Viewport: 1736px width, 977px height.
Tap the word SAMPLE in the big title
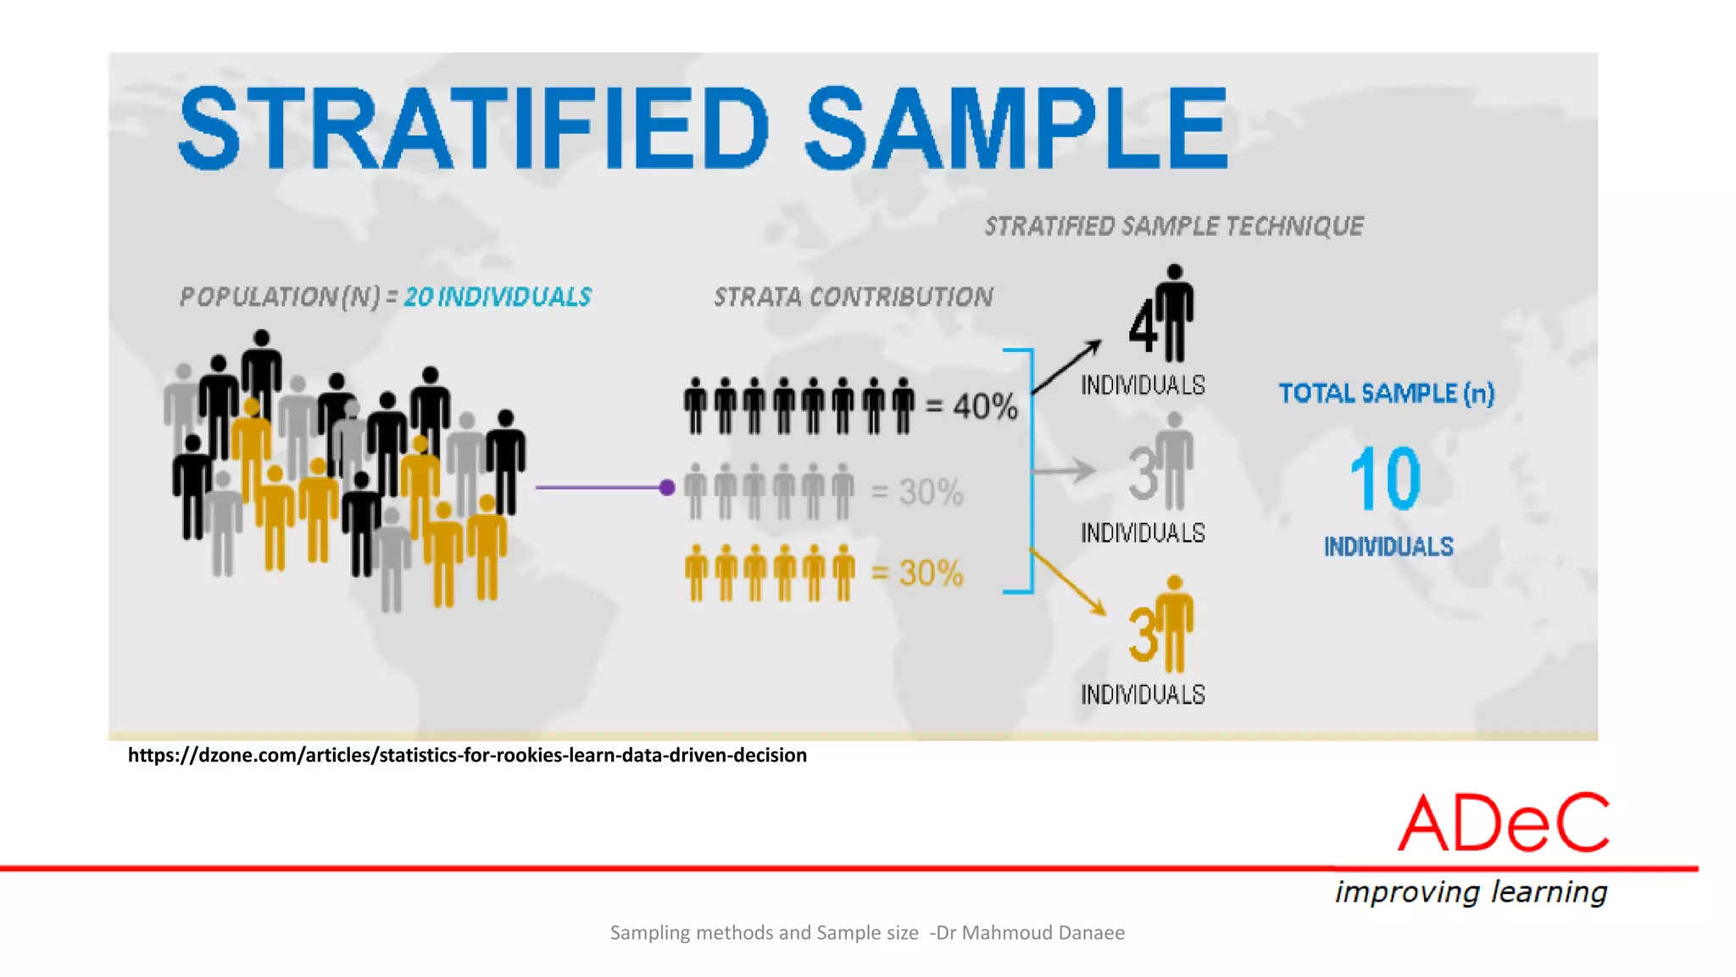coord(1015,129)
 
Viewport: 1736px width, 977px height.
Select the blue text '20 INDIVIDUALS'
coord(498,297)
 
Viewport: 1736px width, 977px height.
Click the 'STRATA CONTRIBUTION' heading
coord(853,297)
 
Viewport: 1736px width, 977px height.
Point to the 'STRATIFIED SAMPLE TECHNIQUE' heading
coord(1174,226)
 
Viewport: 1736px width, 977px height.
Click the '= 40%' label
coord(971,406)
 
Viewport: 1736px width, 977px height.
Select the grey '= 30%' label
coord(918,492)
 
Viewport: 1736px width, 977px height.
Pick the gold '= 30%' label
coord(918,573)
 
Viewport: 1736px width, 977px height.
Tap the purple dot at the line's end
coord(667,488)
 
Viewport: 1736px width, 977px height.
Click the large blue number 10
coord(1386,479)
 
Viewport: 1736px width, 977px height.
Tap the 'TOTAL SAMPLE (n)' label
coord(1386,394)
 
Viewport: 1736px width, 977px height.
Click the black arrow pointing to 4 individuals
coord(1067,366)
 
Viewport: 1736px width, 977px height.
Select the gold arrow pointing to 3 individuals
coord(1068,583)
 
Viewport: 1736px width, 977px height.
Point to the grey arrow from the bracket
coord(1064,471)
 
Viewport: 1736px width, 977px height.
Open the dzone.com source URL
coord(467,755)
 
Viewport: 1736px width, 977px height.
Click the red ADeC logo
coord(1503,823)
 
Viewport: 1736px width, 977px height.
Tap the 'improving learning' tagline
coord(1471,892)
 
